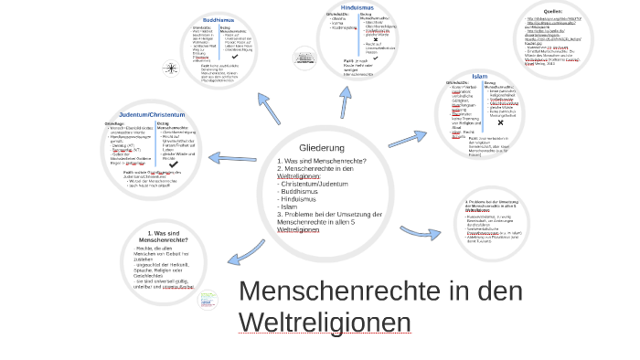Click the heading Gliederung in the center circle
click(321, 147)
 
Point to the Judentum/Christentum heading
click(152, 114)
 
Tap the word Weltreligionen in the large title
click(325, 323)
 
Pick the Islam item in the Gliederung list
click(289, 206)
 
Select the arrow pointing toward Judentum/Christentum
click(232, 158)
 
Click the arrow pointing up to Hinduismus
click(346, 101)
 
